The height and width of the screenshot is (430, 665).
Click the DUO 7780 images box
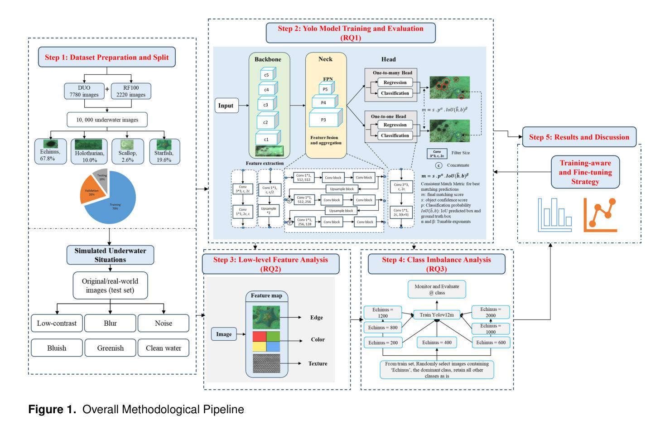pos(84,91)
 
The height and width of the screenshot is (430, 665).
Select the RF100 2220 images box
pos(131,91)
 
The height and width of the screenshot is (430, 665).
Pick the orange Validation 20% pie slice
pos(93,192)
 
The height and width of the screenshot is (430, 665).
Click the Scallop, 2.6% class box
pos(127,151)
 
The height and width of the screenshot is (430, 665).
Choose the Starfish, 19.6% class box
pos(164,151)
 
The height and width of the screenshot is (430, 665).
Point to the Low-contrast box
pos(57,323)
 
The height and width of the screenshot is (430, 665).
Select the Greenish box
pos(111,348)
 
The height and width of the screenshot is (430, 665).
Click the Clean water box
pos(164,348)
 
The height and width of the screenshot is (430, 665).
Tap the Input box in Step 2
pos(226,106)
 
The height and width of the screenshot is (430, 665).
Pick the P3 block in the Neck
pos(323,120)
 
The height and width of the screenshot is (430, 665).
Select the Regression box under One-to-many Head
pos(395,82)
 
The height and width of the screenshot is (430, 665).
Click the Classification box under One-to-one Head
pos(395,135)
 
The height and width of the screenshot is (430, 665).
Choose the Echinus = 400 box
pos(437,343)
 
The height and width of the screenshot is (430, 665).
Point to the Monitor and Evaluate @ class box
pos(437,290)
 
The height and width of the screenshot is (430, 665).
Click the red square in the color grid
pos(260,337)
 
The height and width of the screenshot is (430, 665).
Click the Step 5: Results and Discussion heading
pos(579,137)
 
